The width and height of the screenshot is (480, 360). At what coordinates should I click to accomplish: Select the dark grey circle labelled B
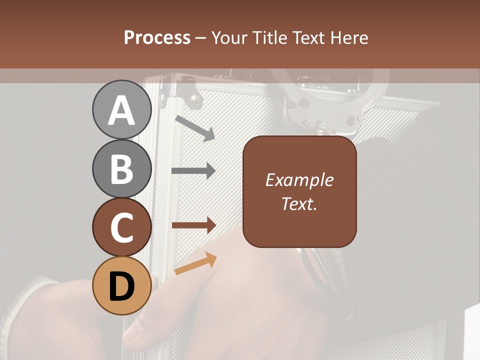[121, 168]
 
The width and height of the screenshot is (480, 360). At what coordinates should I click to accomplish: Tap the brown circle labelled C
[121, 227]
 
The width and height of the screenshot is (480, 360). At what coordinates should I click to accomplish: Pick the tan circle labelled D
[121, 285]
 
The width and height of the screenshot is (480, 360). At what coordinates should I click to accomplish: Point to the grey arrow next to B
[193, 171]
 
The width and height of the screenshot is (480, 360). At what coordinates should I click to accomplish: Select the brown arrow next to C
[194, 225]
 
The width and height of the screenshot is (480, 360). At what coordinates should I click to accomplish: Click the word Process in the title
[157, 38]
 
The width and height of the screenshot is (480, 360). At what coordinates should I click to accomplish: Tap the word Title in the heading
[270, 38]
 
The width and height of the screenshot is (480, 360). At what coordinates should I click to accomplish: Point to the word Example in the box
[299, 180]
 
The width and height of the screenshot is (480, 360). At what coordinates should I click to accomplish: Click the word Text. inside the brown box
[299, 203]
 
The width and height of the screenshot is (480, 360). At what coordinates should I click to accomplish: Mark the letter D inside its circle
[121, 286]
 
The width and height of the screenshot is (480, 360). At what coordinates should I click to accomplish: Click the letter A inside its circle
[121, 110]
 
